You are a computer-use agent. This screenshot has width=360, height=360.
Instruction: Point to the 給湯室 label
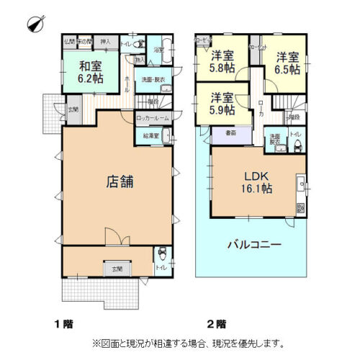point(152,135)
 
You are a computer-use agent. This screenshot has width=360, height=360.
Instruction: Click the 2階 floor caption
point(217,323)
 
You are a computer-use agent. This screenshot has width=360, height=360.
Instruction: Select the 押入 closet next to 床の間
point(104,42)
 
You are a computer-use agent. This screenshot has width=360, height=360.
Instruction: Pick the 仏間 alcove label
point(70,41)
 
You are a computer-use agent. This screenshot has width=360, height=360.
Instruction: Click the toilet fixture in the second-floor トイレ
point(297,148)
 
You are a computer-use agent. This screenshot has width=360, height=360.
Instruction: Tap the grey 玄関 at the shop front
point(117,269)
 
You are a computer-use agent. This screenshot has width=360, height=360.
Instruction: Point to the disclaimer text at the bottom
point(189,343)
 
